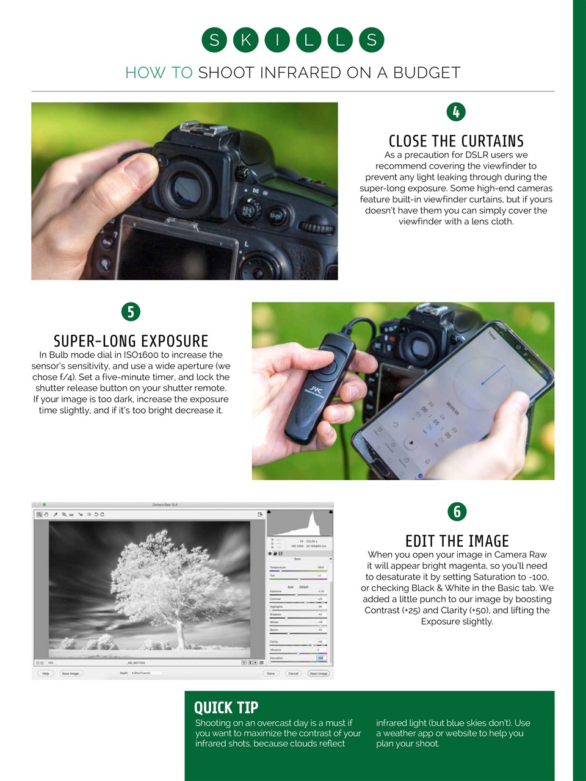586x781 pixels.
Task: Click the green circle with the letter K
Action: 246,40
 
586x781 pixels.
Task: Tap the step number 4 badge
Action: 456,112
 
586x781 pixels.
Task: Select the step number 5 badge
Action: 131,312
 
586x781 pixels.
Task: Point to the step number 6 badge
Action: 457,511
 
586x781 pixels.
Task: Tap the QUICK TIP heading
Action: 226,708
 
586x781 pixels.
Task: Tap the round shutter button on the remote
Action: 327,367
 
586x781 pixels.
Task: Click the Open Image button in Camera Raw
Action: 318,674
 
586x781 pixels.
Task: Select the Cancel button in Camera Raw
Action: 293,674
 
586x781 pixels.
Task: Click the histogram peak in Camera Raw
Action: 314,522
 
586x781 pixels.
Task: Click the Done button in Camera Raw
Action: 270,674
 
